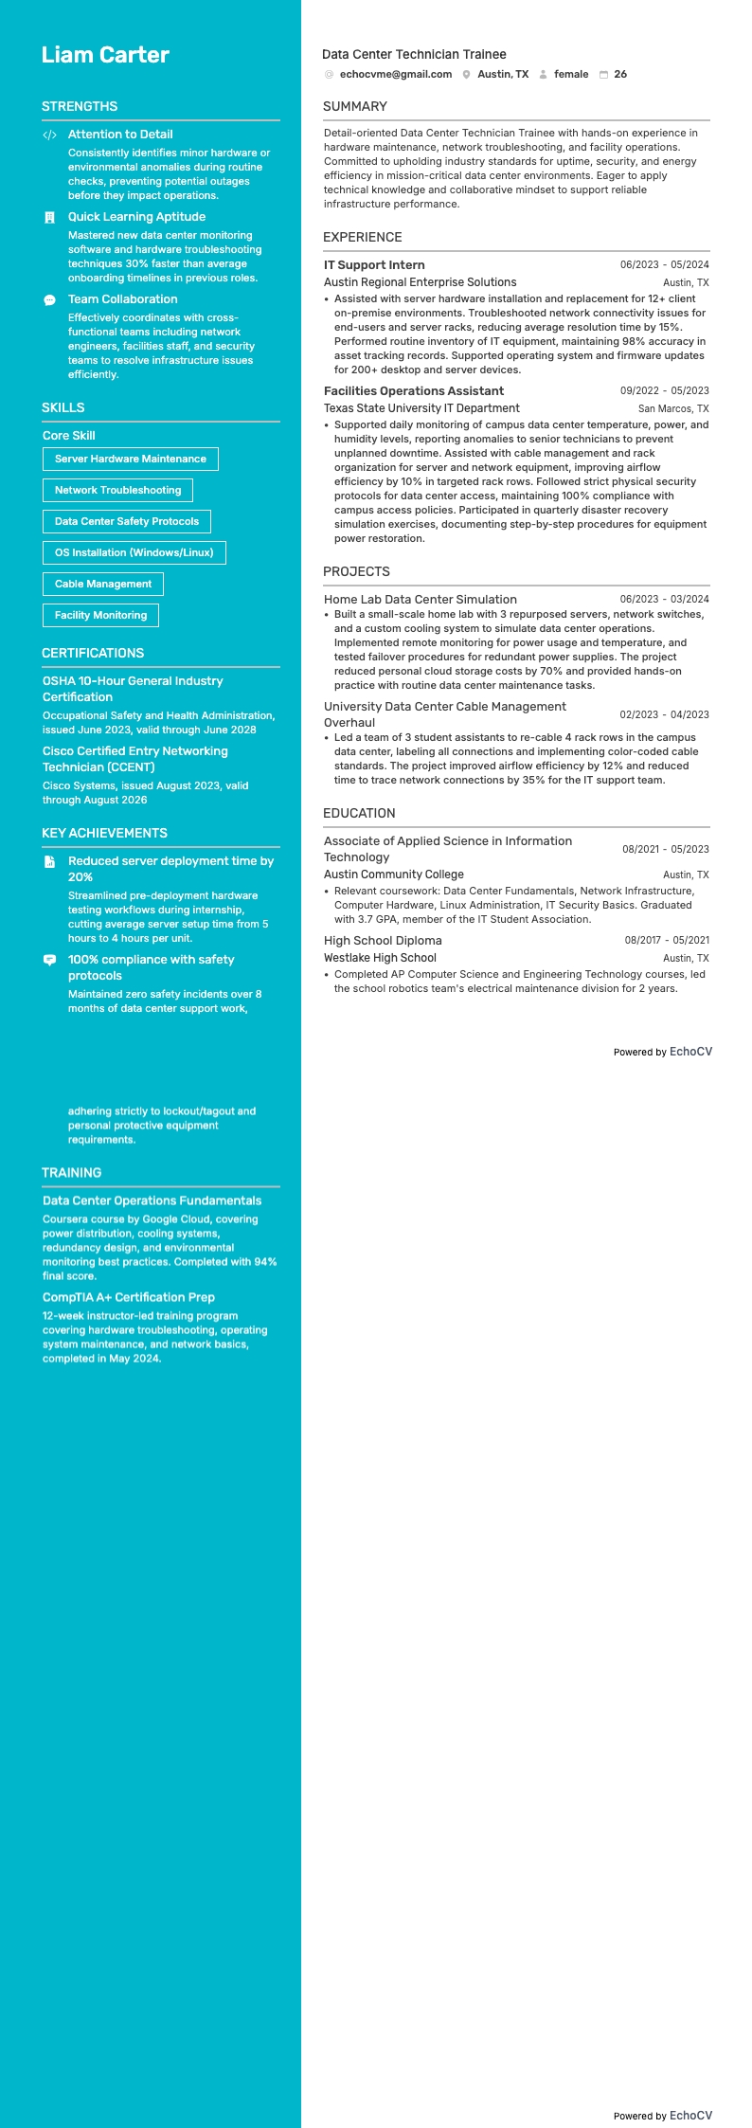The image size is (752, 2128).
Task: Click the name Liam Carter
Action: [x=105, y=55]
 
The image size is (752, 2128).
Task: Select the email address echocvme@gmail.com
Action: [x=395, y=74]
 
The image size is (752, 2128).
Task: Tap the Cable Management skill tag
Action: [x=103, y=585]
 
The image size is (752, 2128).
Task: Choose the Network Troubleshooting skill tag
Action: [x=117, y=491]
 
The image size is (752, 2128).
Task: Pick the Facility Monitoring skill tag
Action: [x=100, y=616]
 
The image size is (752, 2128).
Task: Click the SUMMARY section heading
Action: [x=355, y=106]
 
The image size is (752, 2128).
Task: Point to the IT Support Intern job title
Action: [x=374, y=265]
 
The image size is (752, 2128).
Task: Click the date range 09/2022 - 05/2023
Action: [x=664, y=390]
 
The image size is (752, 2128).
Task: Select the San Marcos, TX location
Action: [x=672, y=409]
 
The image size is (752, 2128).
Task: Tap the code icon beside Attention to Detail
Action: [x=50, y=135]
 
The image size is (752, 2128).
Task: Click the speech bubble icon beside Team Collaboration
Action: [x=50, y=300]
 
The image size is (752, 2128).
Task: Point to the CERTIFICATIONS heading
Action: [x=93, y=653]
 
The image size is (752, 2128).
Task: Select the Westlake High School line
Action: [x=380, y=958]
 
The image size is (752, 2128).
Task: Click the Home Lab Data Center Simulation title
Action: [x=421, y=600]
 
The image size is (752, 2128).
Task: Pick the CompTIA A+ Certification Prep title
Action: [x=129, y=1297]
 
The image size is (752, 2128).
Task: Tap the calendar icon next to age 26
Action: [x=603, y=74]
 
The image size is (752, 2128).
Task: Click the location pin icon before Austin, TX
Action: [x=466, y=74]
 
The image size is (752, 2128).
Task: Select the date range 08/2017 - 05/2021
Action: [x=667, y=940]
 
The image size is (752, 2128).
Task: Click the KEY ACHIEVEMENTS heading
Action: [x=104, y=833]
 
